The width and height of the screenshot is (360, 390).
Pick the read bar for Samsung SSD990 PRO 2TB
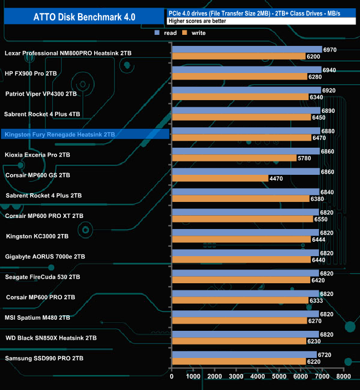[244, 354]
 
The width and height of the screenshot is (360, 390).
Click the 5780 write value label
[306, 158]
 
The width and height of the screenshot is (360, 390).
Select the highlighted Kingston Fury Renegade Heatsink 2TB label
[59, 134]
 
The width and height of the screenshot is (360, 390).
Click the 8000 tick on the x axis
[343, 377]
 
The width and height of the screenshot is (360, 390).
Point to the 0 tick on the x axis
[172, 377]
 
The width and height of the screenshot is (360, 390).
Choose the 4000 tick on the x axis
[258, 377]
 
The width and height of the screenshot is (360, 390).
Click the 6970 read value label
[329, 50]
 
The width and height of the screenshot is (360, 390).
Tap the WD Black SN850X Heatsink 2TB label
[51, 337]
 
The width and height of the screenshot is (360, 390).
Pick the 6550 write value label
[321, 219]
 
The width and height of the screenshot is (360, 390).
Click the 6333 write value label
[317, 300]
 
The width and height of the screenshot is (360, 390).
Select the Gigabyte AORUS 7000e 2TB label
[45, 257]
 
